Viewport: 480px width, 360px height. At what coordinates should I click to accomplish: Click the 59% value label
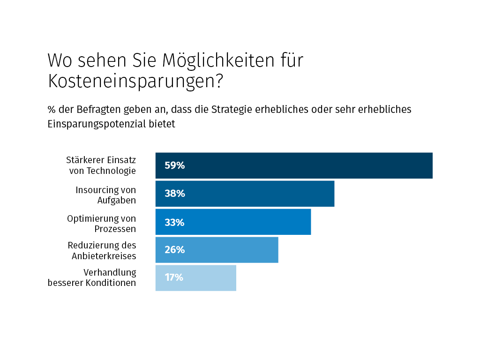(x=174, y=165)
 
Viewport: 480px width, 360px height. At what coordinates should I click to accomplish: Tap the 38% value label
(x=174, y=194)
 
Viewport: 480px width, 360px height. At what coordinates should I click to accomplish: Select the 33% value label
(x=174, y=222)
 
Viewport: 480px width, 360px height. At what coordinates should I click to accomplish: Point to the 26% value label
(x=174, y=250)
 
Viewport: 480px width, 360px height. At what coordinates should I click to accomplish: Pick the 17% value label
(x=174, y=277)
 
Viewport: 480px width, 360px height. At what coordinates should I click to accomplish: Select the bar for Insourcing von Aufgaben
(x=258, y=194)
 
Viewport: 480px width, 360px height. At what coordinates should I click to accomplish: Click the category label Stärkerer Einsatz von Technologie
(x=101, y=165)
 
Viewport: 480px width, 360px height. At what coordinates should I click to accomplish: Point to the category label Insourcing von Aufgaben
(x=106, y=195)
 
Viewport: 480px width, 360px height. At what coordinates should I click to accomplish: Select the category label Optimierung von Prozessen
(x=102, y=224)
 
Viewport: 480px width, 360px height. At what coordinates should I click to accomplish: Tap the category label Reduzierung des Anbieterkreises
(x=102, y=251)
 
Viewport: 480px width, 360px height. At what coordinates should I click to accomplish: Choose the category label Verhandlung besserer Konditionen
(x=92, y=278)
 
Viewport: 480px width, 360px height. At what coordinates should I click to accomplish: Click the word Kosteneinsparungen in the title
(x=135, y=81)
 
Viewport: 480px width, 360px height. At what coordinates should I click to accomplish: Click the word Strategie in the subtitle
(x=232, y=110)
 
